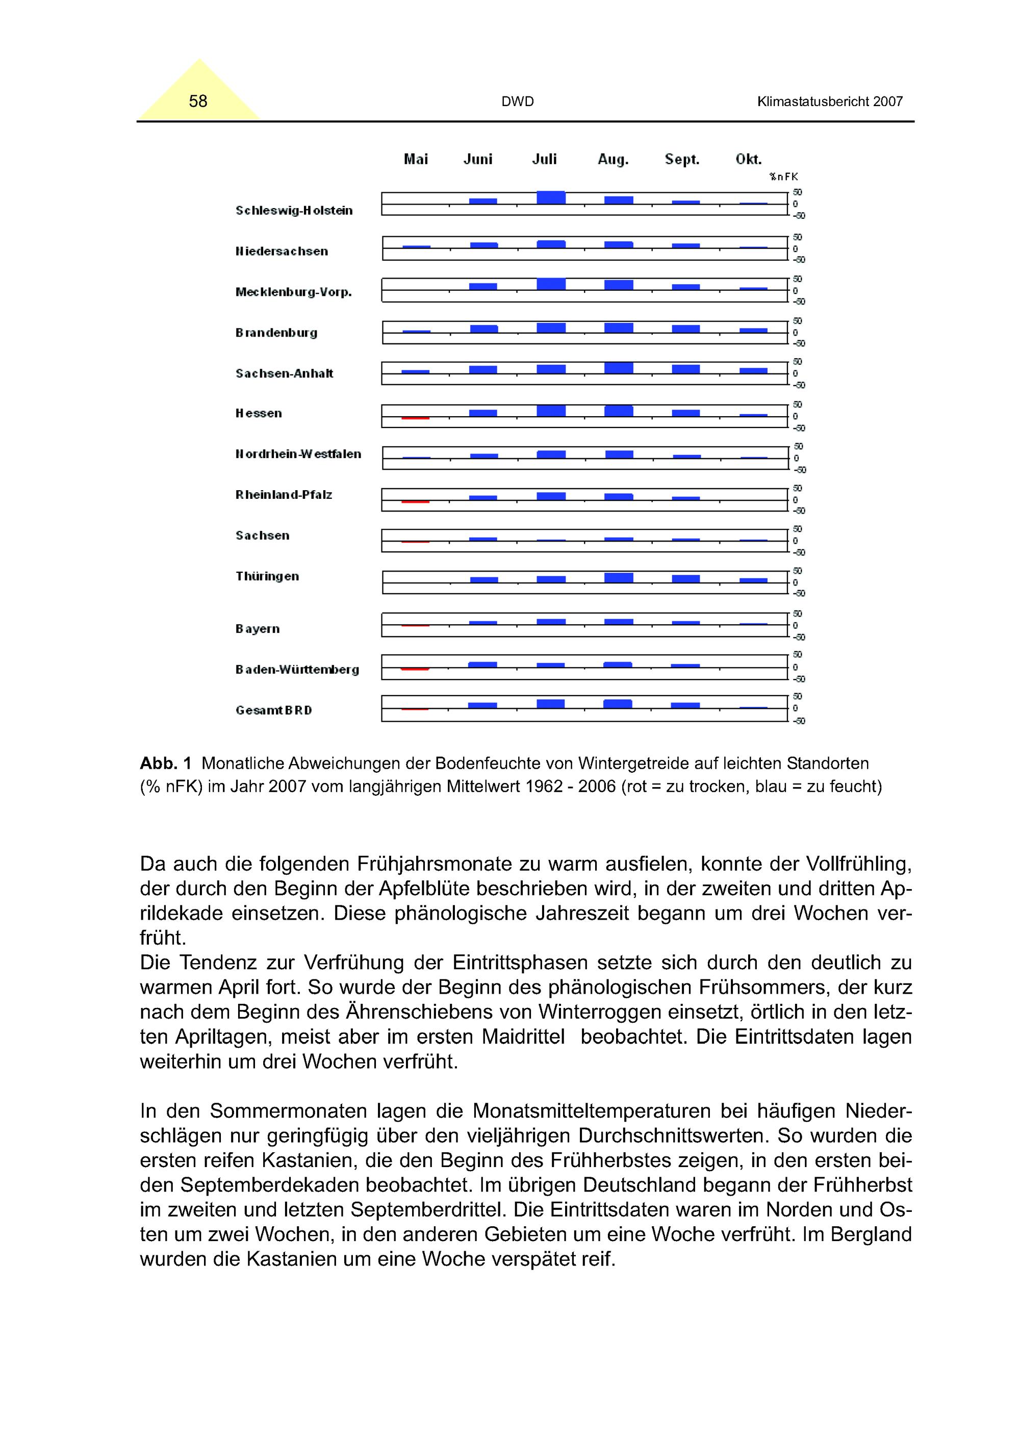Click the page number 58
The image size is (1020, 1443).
[x=198, y=101]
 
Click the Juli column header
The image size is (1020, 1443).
[x=544, y=160]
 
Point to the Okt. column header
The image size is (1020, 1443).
[x=749, y=160]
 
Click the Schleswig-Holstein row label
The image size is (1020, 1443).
[x=293, y=211]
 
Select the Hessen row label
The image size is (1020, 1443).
[x=258, y=414]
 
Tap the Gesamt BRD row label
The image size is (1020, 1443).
[x=273, y=710]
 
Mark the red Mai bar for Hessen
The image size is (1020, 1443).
[x=416, y=418]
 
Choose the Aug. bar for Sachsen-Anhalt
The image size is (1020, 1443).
[x=619, y=368]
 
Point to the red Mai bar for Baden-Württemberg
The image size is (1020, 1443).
[x=415, y=669]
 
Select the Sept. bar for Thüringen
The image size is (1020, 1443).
[x=685, y=579]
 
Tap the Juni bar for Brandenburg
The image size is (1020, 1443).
[x=483, y=328]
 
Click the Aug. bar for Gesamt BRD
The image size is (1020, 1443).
[x=618, y=704]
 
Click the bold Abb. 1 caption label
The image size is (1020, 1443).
[x=165, y=764]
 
